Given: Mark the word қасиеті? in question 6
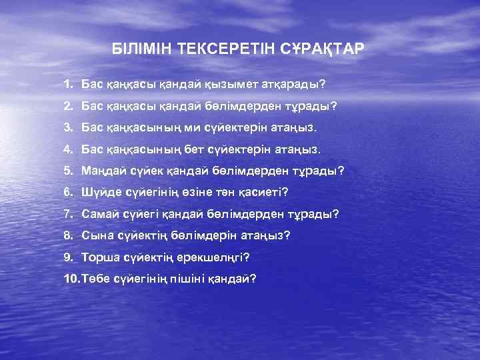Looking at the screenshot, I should click(x=262, y=192).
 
